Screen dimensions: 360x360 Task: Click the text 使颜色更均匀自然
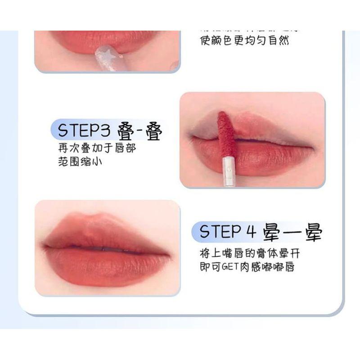tap(244, 41)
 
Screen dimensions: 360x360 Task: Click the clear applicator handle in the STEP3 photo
tap(228, 166)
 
